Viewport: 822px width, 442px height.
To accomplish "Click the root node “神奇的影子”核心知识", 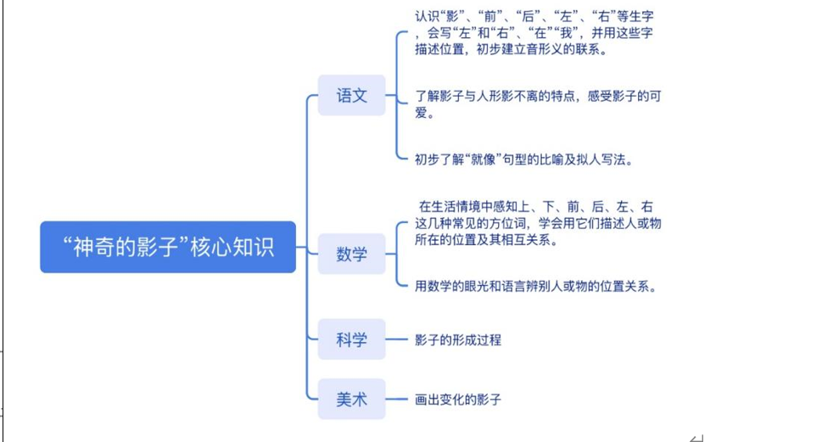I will tap(168, 247).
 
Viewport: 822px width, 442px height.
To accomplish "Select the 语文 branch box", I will tap(351, 95).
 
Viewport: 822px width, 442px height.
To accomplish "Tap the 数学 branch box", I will tap(351, 254).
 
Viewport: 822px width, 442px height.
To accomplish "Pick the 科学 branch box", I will tap(351, 339).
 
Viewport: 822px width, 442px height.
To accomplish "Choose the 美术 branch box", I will tap(351, 398).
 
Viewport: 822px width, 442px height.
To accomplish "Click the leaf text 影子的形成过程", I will tap(458, 340).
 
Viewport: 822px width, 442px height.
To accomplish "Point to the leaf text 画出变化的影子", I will tap(458, 399).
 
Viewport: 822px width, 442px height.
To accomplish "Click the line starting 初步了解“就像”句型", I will tap(523, 159).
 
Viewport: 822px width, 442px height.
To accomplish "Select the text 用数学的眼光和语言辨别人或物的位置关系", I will tap(536, 286).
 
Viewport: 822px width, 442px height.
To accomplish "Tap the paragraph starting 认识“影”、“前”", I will tap(534, 32).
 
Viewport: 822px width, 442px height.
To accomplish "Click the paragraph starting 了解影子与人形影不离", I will tap(538, 104).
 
